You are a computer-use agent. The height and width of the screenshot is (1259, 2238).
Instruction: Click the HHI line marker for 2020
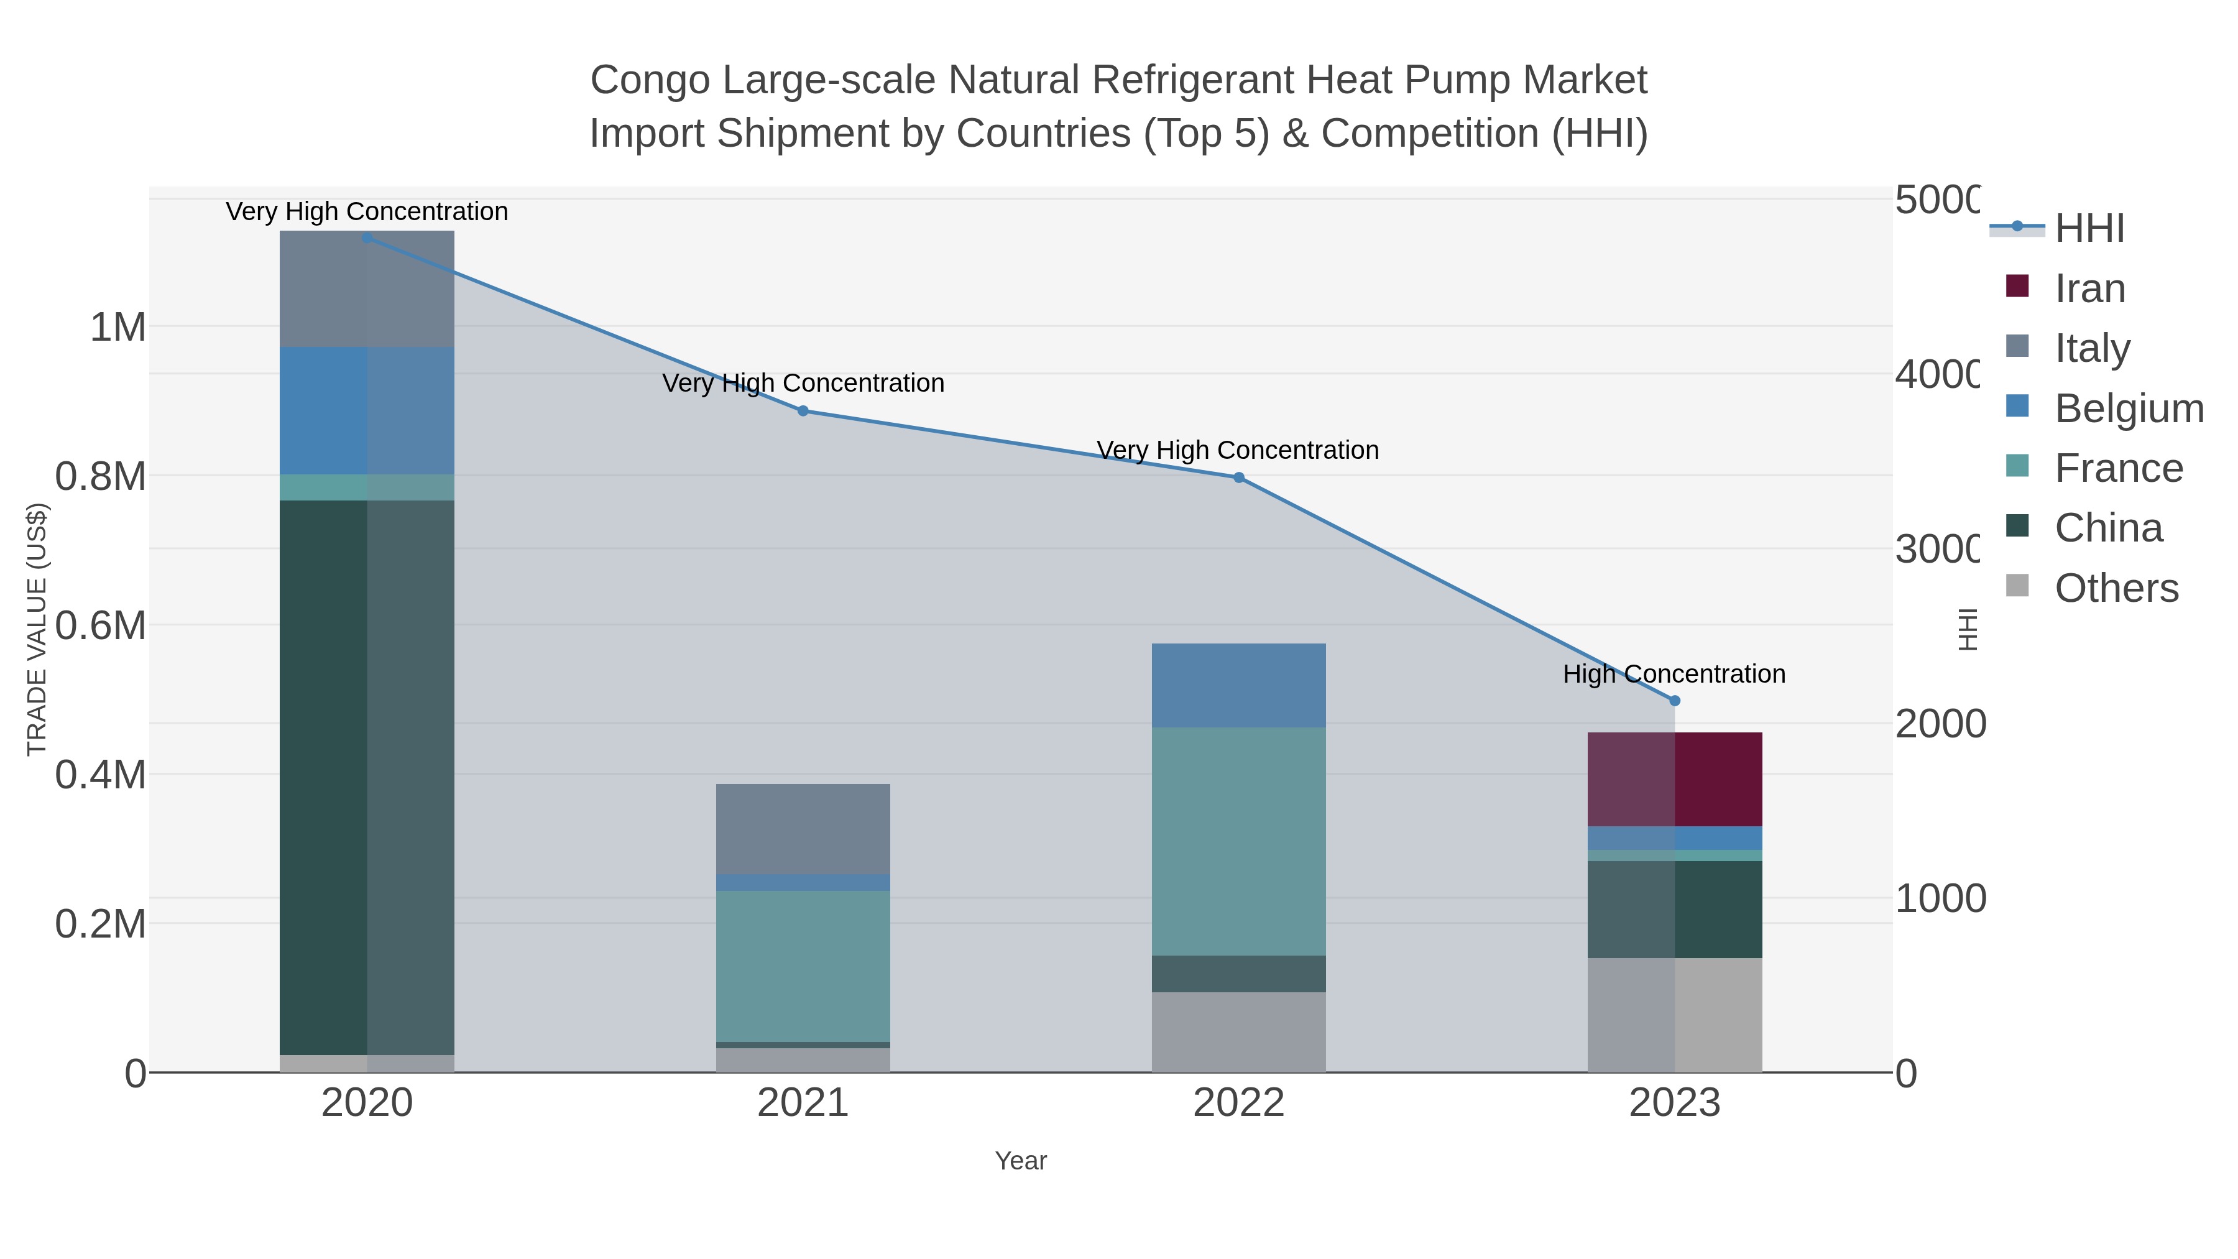tap(367, 238)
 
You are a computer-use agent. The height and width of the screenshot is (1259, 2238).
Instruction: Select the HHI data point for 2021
tap(803, 411)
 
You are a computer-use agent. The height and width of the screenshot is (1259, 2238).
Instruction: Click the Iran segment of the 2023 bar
tap(1675, 780)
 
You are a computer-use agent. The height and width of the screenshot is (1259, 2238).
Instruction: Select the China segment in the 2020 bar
tap(367, 778)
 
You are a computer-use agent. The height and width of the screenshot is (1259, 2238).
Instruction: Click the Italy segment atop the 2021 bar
tap(803, 829)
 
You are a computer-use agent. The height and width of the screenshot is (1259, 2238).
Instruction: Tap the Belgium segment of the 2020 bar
tap(367, 411)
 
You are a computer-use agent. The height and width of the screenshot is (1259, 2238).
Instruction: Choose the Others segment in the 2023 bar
tap(1675, 1015)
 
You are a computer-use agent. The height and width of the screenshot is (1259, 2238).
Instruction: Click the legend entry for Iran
tap(2089, 288)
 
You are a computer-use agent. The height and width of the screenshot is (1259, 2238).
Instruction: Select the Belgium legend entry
tap(2128, 408)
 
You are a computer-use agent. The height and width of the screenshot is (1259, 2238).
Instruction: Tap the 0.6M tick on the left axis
tap(101, 625)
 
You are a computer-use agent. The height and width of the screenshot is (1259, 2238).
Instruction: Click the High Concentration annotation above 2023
tap(1674, 674)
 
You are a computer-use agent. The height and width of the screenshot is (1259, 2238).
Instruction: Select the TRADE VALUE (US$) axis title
tap(37, 629)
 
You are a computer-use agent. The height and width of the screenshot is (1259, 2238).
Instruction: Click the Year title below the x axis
tap(1021, 1161)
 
